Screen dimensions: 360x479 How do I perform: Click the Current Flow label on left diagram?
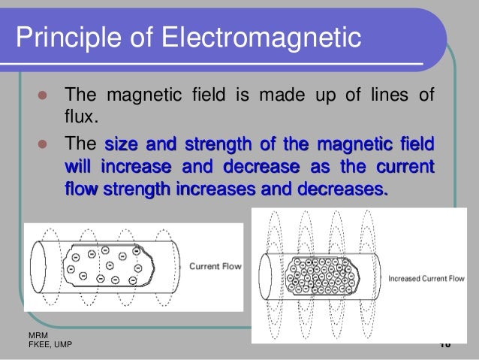pyautogui.click(x=215, y=266)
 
